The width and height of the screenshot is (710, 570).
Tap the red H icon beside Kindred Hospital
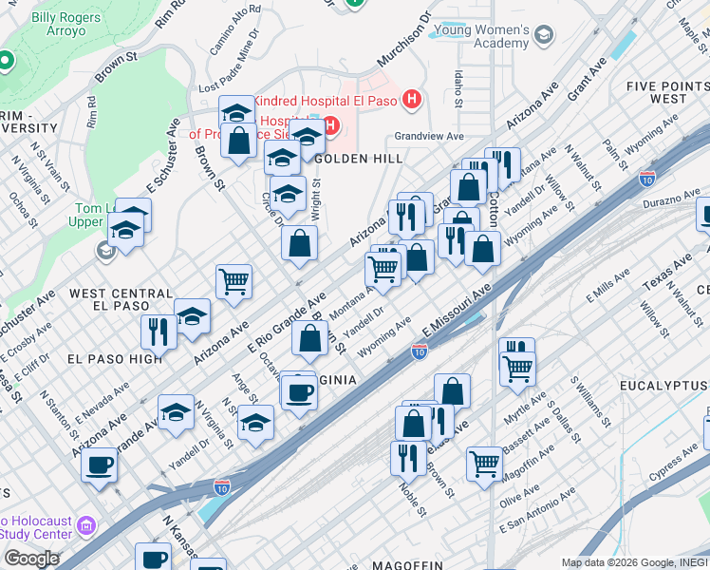(x=411, y=98)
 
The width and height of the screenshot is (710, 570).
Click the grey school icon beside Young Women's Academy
(x=544, y=37)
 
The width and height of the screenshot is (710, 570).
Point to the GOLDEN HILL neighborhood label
(x=353, y=159)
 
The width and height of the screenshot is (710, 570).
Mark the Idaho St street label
(x=458, y=87)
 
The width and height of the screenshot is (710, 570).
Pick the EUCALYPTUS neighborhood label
(x=664, y=385)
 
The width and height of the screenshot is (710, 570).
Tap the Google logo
(x=30, y=558)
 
